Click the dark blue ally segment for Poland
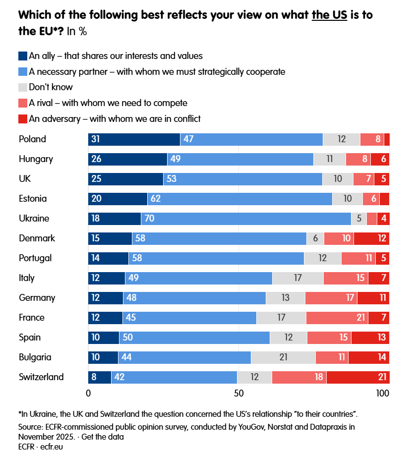[134, 139]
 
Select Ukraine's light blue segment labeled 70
[246, 219]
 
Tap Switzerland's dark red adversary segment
[358, 377]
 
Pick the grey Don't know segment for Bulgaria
[283, 357]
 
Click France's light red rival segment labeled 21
[337, 318]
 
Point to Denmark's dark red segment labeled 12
[371, 238]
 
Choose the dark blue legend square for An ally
[22, 56]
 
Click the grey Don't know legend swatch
[22, 87]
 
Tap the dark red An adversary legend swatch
[22, 118]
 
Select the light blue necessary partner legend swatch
[22, 71]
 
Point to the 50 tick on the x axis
[239, 394]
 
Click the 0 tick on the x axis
[89, 394]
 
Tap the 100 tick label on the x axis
[382, 394]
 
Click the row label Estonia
[33, 199]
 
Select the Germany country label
[37, 298]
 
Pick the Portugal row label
[35, 258]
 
